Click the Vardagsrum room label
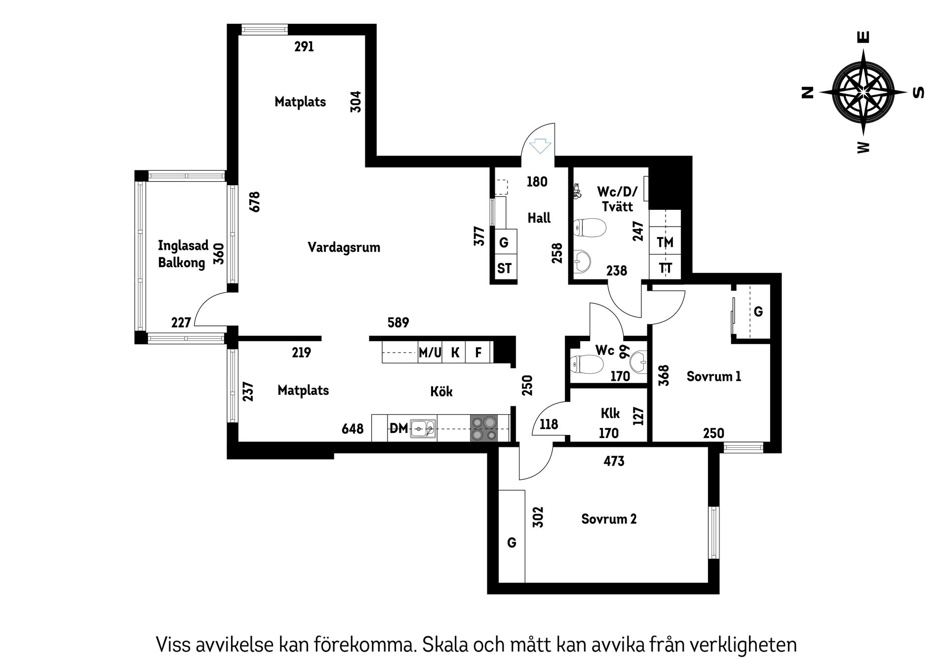[x=344, y=247]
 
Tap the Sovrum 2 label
[x=608, y=519]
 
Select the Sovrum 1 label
[x=713, y=377]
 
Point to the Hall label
[x=539, y=218]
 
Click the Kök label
[x=441, y=392]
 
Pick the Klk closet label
[x=610, y=413]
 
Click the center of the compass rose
[x=863, y=92]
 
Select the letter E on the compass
[x=864, y=38]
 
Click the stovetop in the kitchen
[x=483, y=429]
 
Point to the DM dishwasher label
[x=399, y=428]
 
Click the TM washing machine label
[x=665, y=242]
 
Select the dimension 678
[x=255, y=201]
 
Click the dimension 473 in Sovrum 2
[x=614, y=461]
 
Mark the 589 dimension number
[x=398, y=322]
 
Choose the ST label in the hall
[x=504, y=269]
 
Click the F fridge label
[x=478, y=353]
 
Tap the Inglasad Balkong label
[x=183, y=254]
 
